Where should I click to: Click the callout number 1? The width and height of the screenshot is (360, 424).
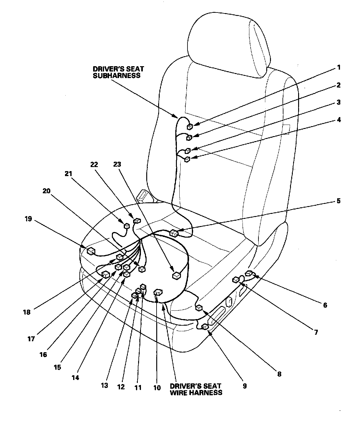pyautogui.click(x=338, y=67)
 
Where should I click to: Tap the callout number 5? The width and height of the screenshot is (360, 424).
pyautogui.click(x=338, y=201)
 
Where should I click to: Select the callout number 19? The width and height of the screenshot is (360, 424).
pyautogui.click(x=28, y=219)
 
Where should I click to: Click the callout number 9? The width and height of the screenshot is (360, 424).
pyautogui.click(x=244, y=386)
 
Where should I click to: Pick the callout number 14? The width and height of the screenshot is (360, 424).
pyautogui.click(x=75, y=377)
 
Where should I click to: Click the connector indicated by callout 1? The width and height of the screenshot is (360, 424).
pyautogui.click(x=190, y=127)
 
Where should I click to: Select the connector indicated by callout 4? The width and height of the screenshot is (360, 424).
pyautogui.click(x=187, y=160)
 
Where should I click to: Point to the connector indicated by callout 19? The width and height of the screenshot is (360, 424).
pyautogui.click(x=91, y=250)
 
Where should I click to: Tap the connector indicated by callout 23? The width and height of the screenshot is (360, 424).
pyautogui.click(x=177, y=275)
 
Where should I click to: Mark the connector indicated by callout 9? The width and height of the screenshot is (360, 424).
pyautogui.click(x=205, y=327)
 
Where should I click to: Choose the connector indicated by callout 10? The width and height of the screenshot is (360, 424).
pyautogui.click(x=158, y=292)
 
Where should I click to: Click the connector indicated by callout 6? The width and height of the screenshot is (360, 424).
pyautogui.click(x=249, y=274)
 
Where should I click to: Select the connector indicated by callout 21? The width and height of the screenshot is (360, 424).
pyautogui.click(x=127, y=226)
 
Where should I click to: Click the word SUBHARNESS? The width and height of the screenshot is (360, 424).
pyautogui.click(x=117, y=76)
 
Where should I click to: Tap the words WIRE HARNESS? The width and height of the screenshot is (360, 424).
pyautogui.click(x=196, y=392)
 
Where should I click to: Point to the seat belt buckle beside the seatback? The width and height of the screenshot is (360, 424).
pyautogui.click(x=144, y=197)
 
